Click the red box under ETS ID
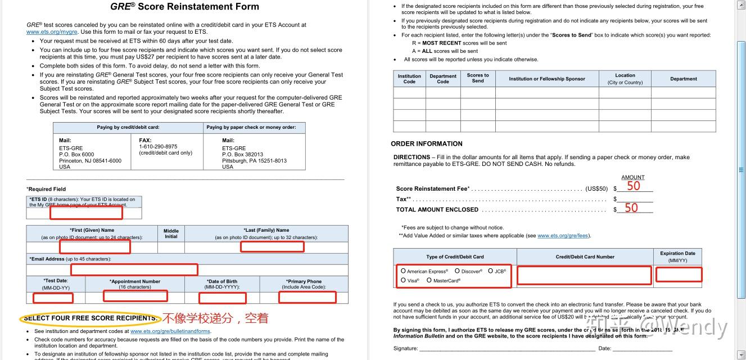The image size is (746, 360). (x=86, y=213)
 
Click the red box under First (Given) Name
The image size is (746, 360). (x=95, y=246)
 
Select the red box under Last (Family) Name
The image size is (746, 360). (x=272, y=246)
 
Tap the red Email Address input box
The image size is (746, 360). (x=134, y=269)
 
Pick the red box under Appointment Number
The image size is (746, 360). (x=135, y=296)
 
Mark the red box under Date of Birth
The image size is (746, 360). (x=223, y=298)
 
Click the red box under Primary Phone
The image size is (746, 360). (x=307, y=297)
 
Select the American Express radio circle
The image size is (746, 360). (x=403, y=271)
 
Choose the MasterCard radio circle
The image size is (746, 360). (x=429, y=280)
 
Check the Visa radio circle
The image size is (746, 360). (x=403, y=280)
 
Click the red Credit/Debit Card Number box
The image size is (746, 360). (x=584, y=275)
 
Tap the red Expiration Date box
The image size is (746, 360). (x=679, y=274)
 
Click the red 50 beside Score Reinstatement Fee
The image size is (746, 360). (x=634, y=187)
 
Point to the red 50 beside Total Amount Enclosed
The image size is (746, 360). (x=631, y=208)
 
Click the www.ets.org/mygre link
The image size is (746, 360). (x=52, y=32)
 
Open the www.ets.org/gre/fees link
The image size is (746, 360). (x=563, y=236)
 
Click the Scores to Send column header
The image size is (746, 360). (x=478, y=78)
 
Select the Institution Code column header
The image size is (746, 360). (x=409, y=79)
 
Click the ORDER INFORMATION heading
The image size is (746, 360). (x=427, y=144)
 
